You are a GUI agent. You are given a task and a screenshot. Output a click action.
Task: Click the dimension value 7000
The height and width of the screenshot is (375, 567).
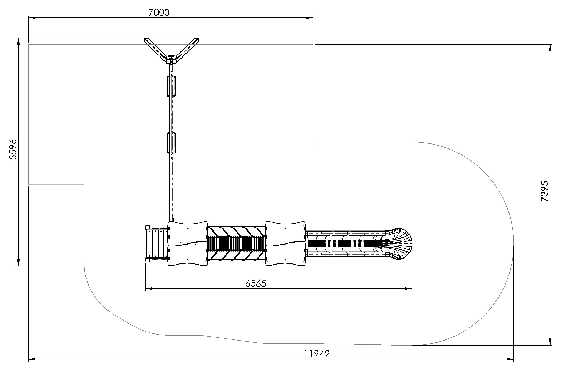pyautogui.click(x=159, y=12)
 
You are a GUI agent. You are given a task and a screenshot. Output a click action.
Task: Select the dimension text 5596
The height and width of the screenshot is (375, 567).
pyautogui.click(x=13, y=150)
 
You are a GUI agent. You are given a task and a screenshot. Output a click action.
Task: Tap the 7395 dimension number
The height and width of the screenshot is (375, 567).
pyautogui.click(x=544, y=191)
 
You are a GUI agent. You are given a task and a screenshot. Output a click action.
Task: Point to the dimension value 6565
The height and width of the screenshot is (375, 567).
pyautogui.click(x=256, y=283)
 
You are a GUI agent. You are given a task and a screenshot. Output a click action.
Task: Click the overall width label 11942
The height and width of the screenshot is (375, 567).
pyautogui.click(x=317, y=354)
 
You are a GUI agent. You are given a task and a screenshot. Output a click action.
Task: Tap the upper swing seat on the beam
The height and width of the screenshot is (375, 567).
pyautogui.click(x=171, y=86)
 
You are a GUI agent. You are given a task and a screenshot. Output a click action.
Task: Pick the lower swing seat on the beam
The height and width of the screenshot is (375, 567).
pyautogui.click(x=171, y=143)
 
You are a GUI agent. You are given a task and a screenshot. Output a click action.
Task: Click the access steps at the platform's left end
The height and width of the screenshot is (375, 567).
pyautogui.click(x=156, y=244)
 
